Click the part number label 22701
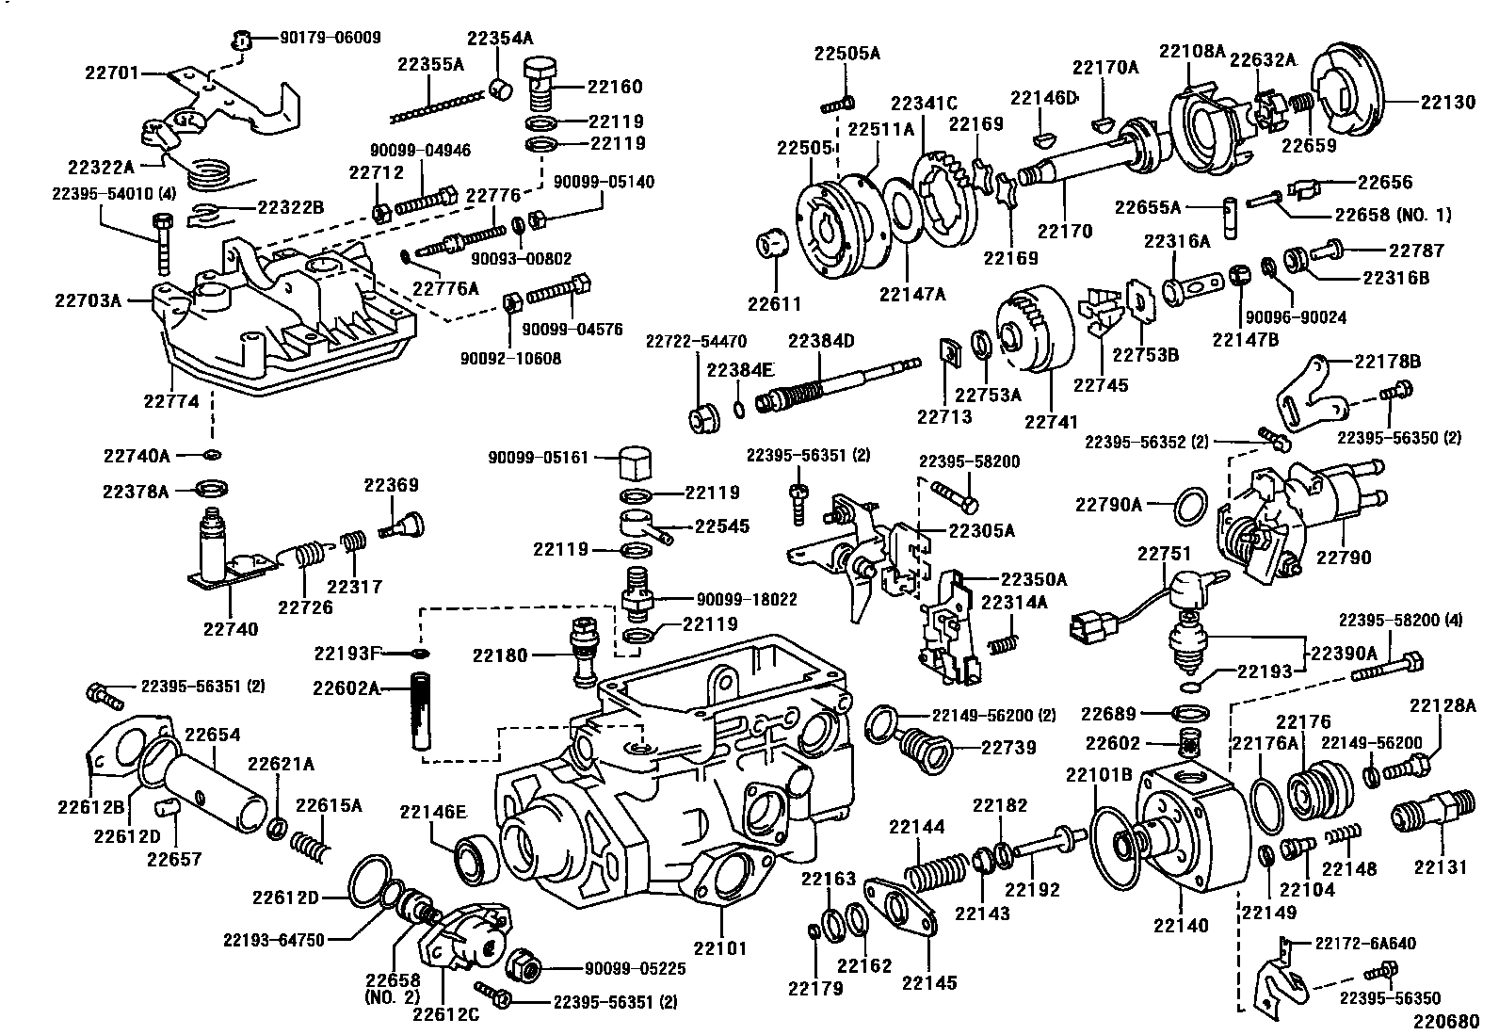tap(113, 71)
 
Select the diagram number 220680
tap(1450, 1020)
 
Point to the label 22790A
tap(1108, 506)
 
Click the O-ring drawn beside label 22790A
tap(1192, 506)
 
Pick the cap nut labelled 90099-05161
tap(637, 461)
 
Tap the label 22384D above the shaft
tap(821, 341)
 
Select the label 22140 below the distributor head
tap(1180, 925)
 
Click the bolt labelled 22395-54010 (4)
tap(161, 239)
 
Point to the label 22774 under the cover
tap(171, 401)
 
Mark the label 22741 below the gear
tap(1051, 423)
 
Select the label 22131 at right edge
tap(1440, 867)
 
